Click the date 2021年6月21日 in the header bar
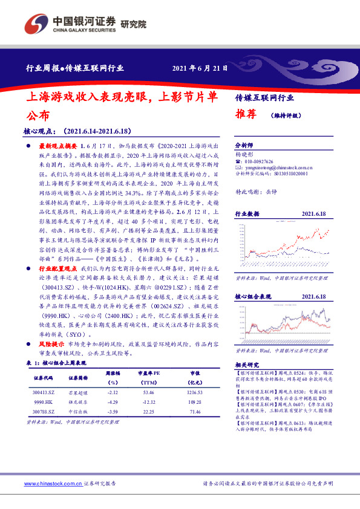pyautogui.click(x=200, y=68)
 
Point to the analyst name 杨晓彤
pyautogui.click(x=243, y=155)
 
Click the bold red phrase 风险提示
pyautogui.click(x=51, y=343)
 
